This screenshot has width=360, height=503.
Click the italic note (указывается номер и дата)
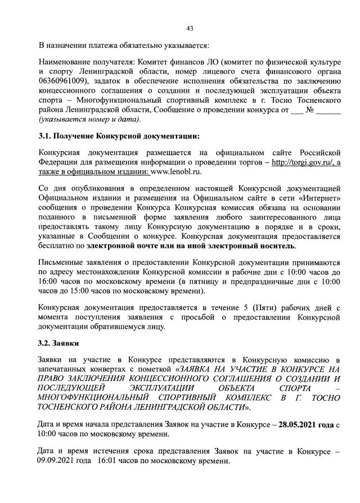(x=89, y=119)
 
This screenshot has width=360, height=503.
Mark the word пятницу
(x=208, y=282)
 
